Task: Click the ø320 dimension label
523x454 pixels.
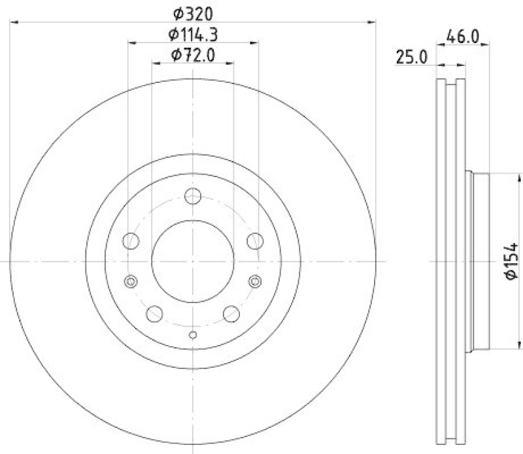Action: [194, 12]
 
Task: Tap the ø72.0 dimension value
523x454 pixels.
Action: [194, 56]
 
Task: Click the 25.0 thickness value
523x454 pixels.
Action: [411, 58]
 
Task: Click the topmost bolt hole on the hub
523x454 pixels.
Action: [193, 196]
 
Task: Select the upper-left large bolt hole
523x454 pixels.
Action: [131, 240]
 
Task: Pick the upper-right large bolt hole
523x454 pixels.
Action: [254, 240]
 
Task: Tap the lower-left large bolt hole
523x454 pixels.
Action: [155, 314]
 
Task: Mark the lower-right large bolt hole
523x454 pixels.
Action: [231, 314]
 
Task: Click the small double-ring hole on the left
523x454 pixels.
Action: [131, 282]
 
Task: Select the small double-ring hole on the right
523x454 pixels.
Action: [255, 282]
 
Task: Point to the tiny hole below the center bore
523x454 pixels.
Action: [193, 336]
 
